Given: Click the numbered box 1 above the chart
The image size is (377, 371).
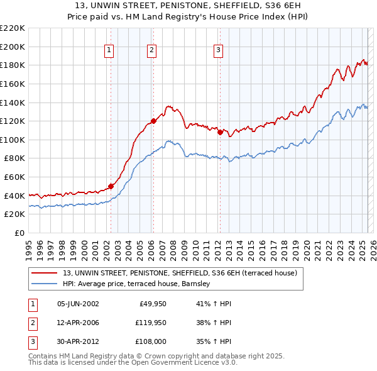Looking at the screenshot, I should (x=109, y=51).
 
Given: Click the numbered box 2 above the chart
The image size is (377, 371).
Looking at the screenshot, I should (x=152, y=51).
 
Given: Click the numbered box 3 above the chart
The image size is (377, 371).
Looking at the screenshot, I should (x=218, y=51).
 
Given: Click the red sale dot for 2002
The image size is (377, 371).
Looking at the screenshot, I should (x=111, y=186).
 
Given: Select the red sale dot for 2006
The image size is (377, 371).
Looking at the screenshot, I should (x=153, y=121).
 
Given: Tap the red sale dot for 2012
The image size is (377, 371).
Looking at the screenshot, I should (x=220, y=132).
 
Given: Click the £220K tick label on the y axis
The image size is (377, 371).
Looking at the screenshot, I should (x=13, y=28).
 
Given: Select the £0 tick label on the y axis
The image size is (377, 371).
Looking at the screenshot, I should (x=19, y=233).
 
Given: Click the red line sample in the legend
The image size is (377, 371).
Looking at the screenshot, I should (x=45, y=273).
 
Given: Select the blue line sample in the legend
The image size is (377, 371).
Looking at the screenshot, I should (x=45, y=284).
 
